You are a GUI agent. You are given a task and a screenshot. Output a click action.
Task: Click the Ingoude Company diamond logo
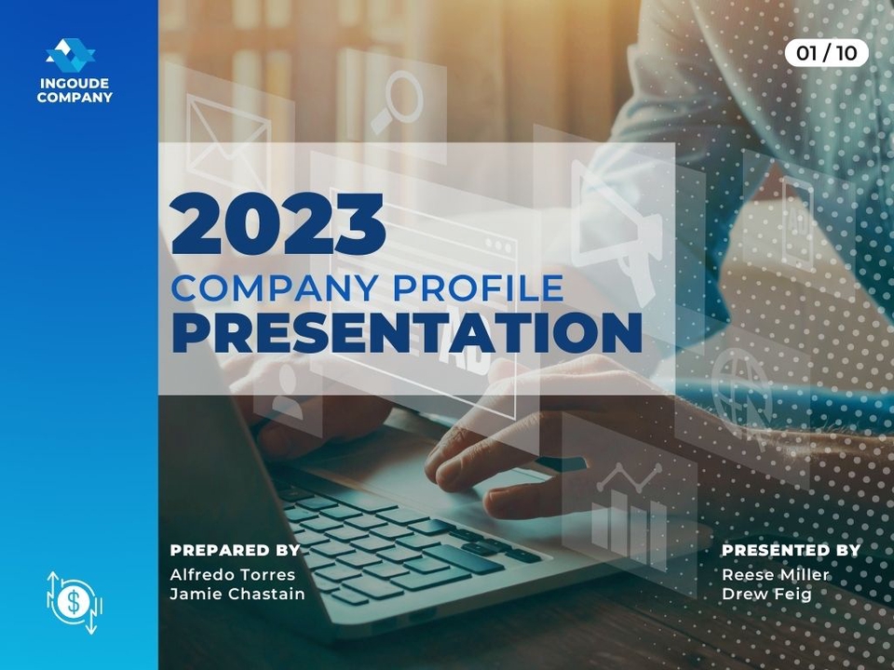pyautogui.click(x=71, y=55)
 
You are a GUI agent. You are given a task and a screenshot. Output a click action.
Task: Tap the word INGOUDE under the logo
pyautogui.click(x=74, y=83)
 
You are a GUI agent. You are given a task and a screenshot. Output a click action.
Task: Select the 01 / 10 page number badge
pyautogui.click(x=826, y=53)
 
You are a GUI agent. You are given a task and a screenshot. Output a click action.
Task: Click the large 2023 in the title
pyautogui.click(x=278, y=223)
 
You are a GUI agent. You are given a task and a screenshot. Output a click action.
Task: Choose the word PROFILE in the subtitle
pyautogui.click(x=479, y=288)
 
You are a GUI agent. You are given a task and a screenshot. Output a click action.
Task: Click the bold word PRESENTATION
pyautogui.click(x=407, y=332)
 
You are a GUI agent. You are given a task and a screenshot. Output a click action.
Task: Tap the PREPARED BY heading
pyautogui.click(x=235, y=550)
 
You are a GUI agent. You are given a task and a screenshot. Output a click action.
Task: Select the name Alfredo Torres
pyautogui.click(x=233, y=574)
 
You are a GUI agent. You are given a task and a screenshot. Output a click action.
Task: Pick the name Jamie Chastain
pyautogui.click(x=237, y=594)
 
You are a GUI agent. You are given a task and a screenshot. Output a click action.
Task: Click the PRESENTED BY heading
pyautogui.click(x=791, y=550)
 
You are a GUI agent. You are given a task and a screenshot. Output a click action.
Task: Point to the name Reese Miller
pyautogui.click(x=776, y=574)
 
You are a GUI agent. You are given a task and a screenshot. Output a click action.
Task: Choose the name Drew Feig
pyautogui.click(x=766, y=595)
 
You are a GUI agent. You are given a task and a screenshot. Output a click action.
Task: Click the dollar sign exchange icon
pyautogui.click(x=74, y=602)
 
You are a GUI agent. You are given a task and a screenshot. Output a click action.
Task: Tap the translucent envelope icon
pyautogui.click(x=228, y=141)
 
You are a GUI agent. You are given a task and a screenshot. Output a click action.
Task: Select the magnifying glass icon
pyautogui.click(x=397, y=100)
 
